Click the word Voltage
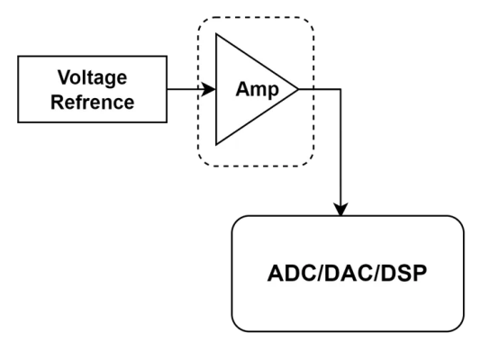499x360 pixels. (x=92, y=77)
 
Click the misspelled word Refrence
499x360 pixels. (x=92, y=103)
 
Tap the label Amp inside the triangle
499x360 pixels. (x=257, y=89)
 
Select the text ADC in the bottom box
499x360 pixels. (x=293, y=274)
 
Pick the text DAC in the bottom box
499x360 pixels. (x=348, y=274)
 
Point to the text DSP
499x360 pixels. (x=404, y=274)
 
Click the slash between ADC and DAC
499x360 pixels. (x=321, y=274)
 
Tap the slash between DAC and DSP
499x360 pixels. (x=377, y=274)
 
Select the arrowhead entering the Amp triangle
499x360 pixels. (x=209, y=89)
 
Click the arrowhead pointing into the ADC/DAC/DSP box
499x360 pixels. (x=340, y=210)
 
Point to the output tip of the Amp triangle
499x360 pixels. (x=298, y=89)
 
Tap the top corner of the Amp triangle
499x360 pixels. (x=216, y=33)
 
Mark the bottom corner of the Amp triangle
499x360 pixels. (x=216, y=145)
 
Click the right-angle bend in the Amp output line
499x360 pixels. (x=340, y=89)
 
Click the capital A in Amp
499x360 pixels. (x=243, y=89)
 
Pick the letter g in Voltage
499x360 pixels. (x=109, y=79)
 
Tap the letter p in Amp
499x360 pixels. (x=273, y=92)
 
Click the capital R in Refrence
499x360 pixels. (x=58, y=102)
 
